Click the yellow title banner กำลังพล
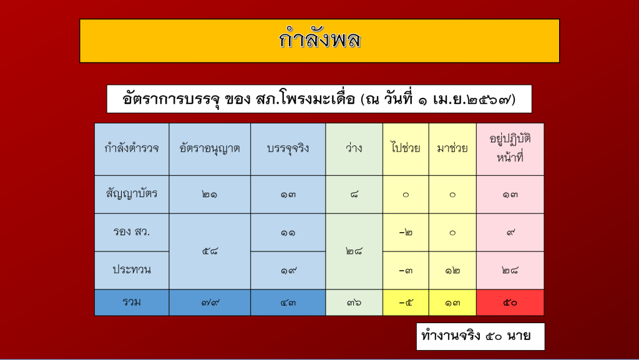pyautogui.click(x=319, y=41)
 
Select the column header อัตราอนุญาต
pyautogui.click(x=210, y=149)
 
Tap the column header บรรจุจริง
pyautogui.click(x=288, y=149)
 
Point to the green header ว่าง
pyautogui.click(x=354, y=149)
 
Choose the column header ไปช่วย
pyautogui.click(x=406, y=149)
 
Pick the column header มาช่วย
pyautogui.click(x=452, y=149)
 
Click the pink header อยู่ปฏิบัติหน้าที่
pyautogui.click(x=510, y=149)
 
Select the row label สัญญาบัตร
pyautogui.click(x=132, y=195)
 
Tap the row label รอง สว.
pyautogui.click(x=132, y=233)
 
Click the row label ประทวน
pyautogui.click(x=132, y=270)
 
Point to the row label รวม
pyautogui.click(x=132, y=303)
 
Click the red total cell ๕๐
pyautogui.click(x=510, y=303)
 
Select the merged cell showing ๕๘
pyautogui.click(x=210, y=251)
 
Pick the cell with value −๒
pyautogui.click(x=406, y=233)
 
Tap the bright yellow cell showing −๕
pyautogui.click(x=406, y=303)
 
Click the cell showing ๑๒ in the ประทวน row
pyautogui.click(x=452, y=270)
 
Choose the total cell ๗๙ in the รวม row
pyautogui.click(x=210, y=303)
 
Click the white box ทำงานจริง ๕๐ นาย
pyautogui.click(x=480, y=336)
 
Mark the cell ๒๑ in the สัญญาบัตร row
pyautogui.click(x=210, y=195)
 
